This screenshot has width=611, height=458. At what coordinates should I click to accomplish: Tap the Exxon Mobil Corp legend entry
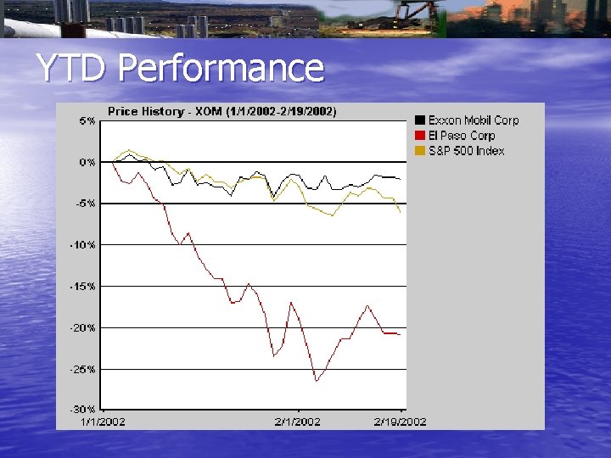(x=473, y=120)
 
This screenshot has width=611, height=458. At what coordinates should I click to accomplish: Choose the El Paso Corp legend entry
(x=461, y=136)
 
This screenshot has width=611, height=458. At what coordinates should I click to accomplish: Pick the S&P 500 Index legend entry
(x=466, y=151)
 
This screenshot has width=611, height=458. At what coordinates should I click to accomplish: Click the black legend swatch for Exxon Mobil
(x=420, y=120)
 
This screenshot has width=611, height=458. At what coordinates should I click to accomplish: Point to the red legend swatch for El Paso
(x=420, y=136)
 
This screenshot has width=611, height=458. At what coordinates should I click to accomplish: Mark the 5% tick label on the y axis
(x=87, y=121)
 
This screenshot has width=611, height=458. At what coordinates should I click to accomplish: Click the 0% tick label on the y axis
(x=87, y=162)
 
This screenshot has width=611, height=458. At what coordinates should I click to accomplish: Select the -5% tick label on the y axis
(x=86, y=204)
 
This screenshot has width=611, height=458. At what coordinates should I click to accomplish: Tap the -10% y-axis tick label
(x=83, y=245)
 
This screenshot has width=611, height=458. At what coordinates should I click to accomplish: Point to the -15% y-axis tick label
(x=83, y=287)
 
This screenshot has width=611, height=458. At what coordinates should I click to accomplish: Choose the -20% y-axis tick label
(x=83, y=328)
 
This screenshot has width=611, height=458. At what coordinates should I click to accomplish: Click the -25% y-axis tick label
(x=83, y=370)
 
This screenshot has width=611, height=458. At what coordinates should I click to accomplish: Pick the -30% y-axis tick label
(x=83, y=410)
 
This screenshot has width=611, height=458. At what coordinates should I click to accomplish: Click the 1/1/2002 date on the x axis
(x=103, y=422)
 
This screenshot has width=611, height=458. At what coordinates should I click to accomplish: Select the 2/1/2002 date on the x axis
(x=298, y=422)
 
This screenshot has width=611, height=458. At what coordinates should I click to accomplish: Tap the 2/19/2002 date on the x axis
(x=401, y=422)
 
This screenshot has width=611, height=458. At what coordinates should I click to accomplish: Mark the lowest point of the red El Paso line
(x=316, y=381)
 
